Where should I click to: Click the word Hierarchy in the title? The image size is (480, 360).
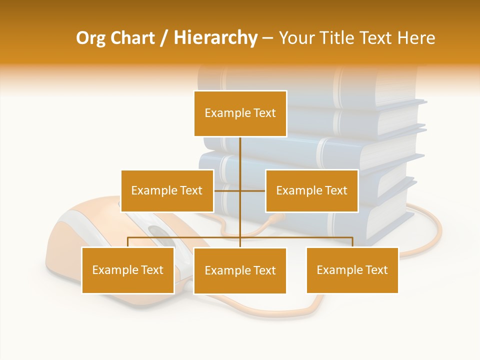[x=215, y=38]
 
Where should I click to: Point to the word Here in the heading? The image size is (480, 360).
[x=416, y=38]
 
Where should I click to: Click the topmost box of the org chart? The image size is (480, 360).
[x=240, y=113]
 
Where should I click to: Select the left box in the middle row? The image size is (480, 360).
[x=167, y=190]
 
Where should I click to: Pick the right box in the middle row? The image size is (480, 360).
[x=311, y=190]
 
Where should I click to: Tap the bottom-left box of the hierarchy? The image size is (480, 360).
[x=128, y=270]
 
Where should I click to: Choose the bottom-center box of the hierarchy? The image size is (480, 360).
[x=240, y=270]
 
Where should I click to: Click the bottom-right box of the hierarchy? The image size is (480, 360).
[x=352, y=270]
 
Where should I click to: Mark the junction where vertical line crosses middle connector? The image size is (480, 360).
[x=240, y=190]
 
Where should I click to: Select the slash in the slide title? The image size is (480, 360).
[x=164, y=38]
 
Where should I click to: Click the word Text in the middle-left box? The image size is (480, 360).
[x=190, y=190]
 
